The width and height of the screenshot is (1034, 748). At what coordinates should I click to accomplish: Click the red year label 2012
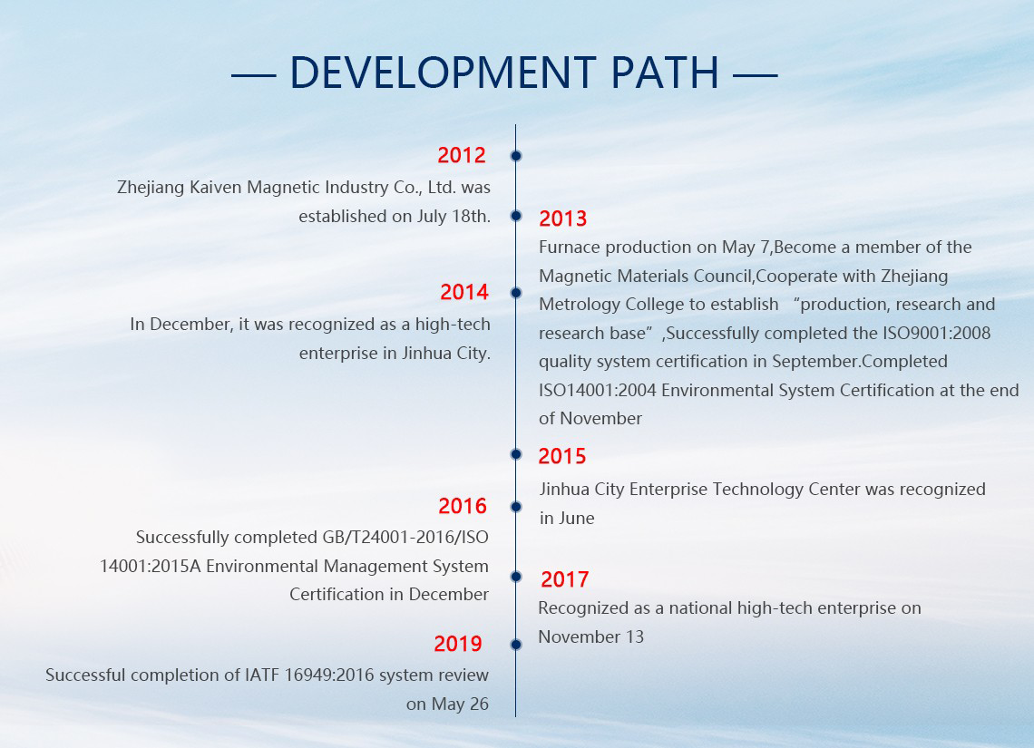pyautogui.click(x=462, y=155)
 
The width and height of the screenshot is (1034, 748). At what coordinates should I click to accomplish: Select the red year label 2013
pyautogui.click(x=562, y=219)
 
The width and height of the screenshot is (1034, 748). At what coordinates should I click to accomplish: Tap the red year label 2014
pyautogui.click(x=464, y=292)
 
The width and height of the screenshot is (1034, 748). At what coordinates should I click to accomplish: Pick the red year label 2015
pyautogui.click(x=561, y=456)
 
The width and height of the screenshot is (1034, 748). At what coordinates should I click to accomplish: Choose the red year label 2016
pyautogui.click(x=463, y=506)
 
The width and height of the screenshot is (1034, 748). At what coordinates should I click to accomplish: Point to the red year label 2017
pyautogui.click(x=564, y=579)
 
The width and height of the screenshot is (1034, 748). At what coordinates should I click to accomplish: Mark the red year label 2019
pyautogui.click(x=458, y=644)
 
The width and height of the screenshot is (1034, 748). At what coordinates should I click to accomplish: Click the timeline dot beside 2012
pyautogui.click(x=516, y=156)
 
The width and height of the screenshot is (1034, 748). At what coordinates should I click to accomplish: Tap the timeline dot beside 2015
pyautogui.click(x=516, y=454)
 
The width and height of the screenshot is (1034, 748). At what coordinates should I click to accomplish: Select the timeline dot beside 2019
pyautogui.click(x=516, y=644)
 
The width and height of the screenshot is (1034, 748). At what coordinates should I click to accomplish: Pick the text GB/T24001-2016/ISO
pyautogui.click(x=405, y=537)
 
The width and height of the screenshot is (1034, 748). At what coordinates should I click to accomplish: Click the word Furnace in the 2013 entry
pyautogui.click(x=570, y=248)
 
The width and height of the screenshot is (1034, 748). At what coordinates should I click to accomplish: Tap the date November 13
pyautogui.click(x=590, y=636)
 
